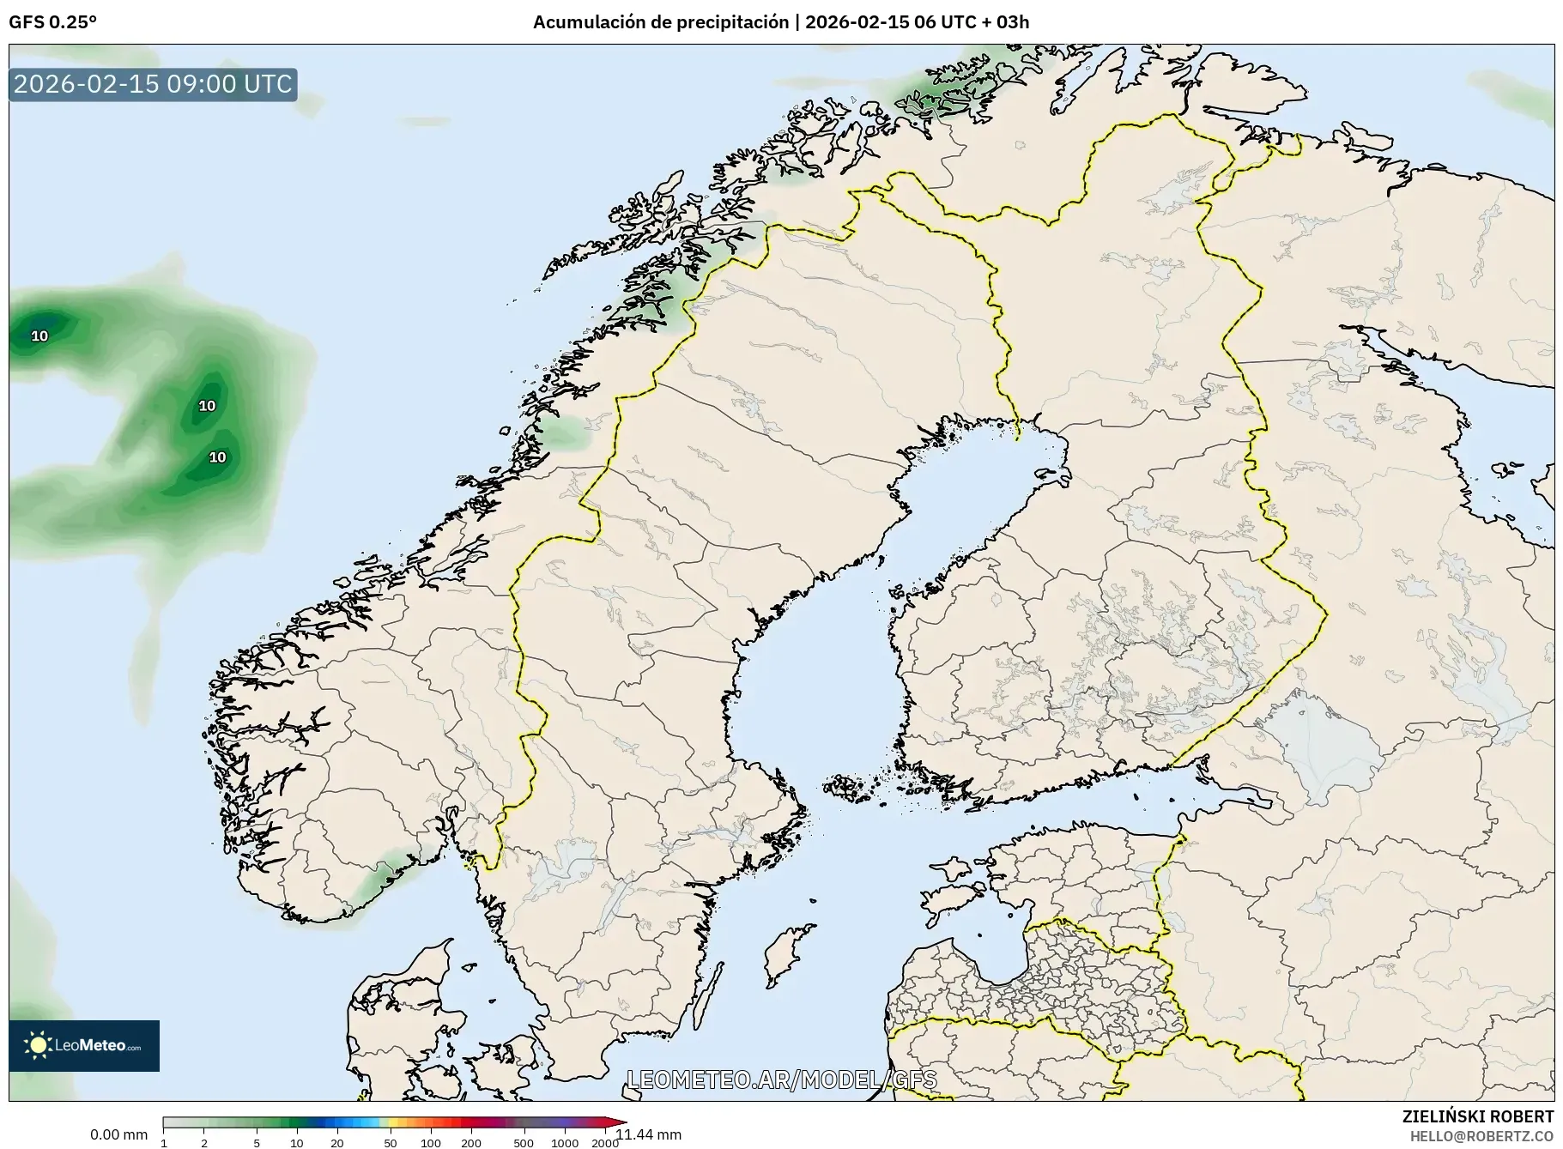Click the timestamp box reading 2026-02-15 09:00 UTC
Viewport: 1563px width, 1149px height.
click(x=153, y=84)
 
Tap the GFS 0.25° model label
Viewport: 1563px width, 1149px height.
click(x=52, y=22)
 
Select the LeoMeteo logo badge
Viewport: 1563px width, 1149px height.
click(x=84, y=1045)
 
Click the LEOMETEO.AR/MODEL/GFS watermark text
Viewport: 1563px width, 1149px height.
click(x=781, y=1079)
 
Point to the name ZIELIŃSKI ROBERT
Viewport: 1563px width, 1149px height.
click(x=1477, y=1116)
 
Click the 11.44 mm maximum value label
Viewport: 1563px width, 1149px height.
click(x=649, y=1134)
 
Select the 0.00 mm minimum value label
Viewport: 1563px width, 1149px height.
click(x=118, y=1134)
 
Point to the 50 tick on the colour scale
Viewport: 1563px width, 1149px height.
click(x=390, y=1143)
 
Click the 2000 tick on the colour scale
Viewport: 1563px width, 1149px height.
click(x=604, y=1143)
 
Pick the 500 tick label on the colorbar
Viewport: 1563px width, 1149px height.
click(x=523, y=1143)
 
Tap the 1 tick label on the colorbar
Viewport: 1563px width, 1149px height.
click(x=164, y=1143)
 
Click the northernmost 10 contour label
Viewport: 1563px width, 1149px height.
click(x=39, y=336)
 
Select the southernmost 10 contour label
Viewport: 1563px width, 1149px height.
click(x=218, y=457)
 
